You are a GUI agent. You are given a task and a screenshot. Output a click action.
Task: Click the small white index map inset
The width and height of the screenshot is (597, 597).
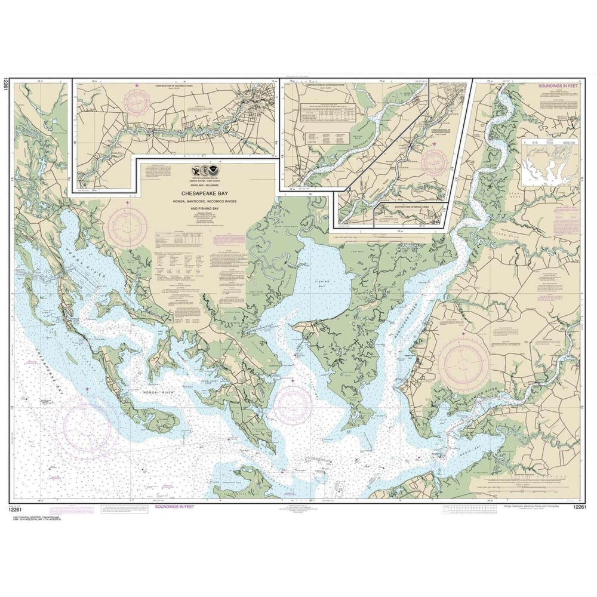point(550,162)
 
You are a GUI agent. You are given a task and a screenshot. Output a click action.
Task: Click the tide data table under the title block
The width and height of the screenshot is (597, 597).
point(177,239)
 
